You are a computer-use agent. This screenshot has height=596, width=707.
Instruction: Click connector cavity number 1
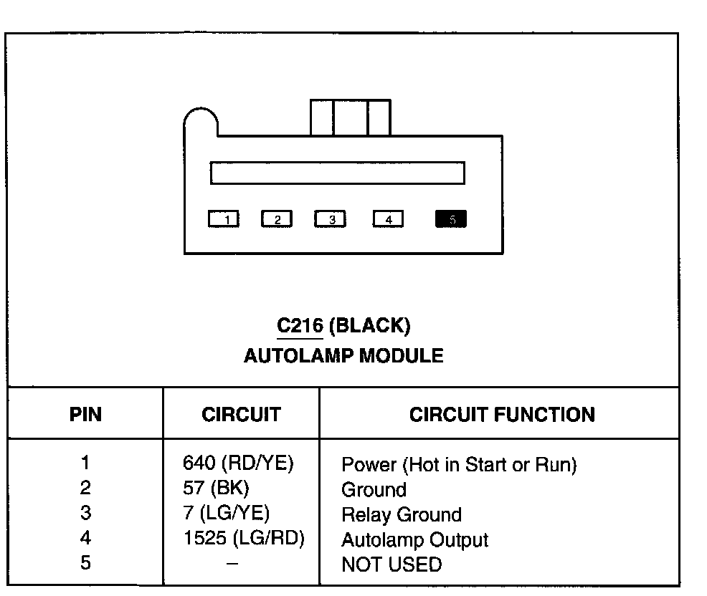tap(224, 219)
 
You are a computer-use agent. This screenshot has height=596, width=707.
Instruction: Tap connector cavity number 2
tap(277, 219)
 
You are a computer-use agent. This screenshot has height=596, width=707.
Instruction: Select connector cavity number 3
tap(331, 219)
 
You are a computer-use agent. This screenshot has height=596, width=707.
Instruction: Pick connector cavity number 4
tap(388, 219)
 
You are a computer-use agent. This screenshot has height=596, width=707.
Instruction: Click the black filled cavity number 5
tap(451, 219)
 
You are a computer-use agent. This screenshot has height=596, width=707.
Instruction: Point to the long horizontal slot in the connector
tap(337, 173)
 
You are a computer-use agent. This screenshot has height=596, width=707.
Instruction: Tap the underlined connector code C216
tap(300, 327)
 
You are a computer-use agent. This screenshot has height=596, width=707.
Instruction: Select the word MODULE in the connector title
tap(402, 355)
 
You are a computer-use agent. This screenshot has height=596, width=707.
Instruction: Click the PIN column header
tap(85, 415)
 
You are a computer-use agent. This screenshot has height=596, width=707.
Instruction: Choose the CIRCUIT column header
tap(241, 415)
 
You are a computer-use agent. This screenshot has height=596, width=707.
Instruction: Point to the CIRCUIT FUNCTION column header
tap(502, 415)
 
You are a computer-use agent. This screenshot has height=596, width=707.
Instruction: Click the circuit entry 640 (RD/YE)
tap(239, 463)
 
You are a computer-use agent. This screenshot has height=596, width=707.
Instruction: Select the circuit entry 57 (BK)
tap(216, 489)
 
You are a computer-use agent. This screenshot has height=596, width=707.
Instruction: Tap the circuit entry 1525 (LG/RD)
tap(244, 539)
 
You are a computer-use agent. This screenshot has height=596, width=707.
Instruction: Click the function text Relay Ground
tap(402, 514)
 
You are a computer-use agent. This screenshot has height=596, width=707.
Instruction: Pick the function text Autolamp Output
tap(414, 539)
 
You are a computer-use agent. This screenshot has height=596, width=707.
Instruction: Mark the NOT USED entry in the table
tap(392, 564)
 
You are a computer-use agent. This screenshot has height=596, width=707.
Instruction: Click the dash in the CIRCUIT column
tap(232, 564)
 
